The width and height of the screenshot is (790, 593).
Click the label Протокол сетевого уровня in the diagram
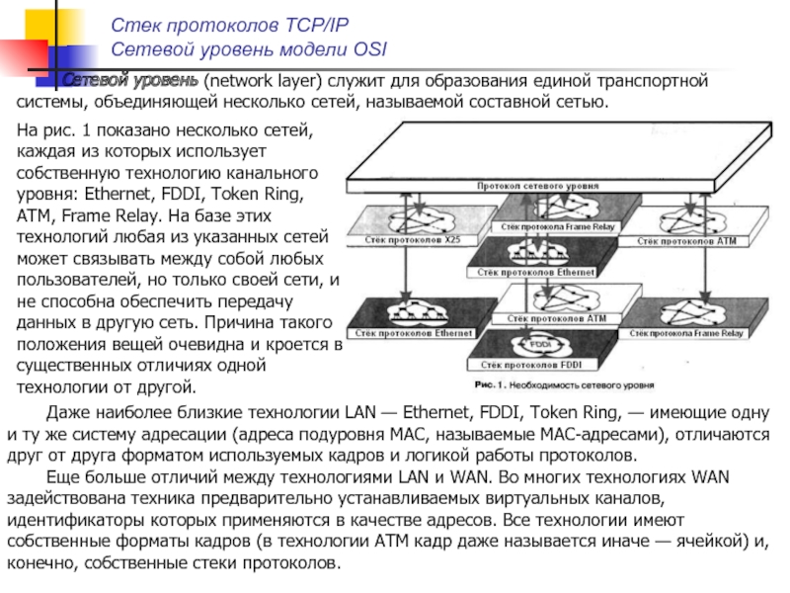[530, 185]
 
